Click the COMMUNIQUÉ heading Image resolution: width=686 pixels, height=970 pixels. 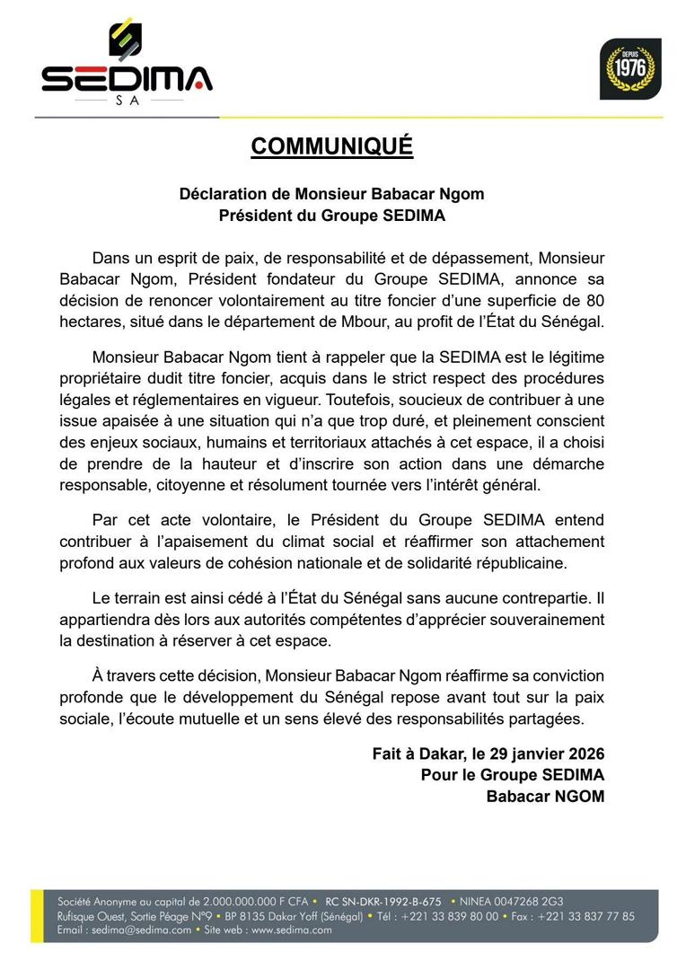[x=331, y=146]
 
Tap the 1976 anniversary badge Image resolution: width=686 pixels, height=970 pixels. [x=630, y=68]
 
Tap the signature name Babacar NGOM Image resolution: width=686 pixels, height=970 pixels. [x=545, y=796]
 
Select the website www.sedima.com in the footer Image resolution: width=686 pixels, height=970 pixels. [x=291, y=930]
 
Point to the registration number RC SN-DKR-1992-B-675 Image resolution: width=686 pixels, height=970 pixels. [x=383, y=901]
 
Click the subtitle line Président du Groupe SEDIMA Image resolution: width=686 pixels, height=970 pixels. [x=331, y=216]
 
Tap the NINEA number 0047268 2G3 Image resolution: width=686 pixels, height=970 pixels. [x=539, y=901]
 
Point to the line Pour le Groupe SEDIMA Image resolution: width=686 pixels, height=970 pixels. [x=512, y=775]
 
